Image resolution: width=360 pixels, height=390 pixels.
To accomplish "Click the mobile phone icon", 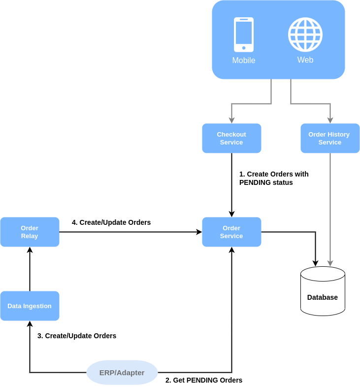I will (244, 35).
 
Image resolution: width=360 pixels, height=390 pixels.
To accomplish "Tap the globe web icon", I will (305, 35).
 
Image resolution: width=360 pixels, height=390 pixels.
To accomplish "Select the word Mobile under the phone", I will (244, 60).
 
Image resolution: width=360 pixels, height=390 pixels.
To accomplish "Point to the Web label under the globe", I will (305, 60).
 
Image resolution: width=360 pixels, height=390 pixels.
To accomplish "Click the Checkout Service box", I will (231, 138).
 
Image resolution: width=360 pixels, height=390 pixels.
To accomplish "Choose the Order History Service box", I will (330, 138).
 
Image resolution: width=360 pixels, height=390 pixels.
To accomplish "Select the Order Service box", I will (231, 232).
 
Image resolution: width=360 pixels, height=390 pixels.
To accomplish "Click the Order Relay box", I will (30, 232).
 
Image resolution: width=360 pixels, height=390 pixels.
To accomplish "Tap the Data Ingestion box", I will (30, 306).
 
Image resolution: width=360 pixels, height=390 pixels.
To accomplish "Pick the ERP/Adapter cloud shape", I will (122, 372).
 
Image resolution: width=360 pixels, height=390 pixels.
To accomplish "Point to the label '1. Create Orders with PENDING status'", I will (274, 178).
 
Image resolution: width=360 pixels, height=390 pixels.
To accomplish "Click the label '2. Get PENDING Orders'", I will (204, 380).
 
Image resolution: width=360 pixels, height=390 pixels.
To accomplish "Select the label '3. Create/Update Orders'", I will (77, 336).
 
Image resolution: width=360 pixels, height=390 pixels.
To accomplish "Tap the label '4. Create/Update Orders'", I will (111, 222).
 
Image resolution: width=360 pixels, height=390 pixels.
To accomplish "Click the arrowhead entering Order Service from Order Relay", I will (199, 232).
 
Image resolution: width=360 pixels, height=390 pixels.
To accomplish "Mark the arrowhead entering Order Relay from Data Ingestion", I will (30, 250).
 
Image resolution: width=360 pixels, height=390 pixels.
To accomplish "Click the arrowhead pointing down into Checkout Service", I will (231, 120).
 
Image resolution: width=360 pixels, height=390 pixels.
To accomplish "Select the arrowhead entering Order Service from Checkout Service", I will (231, 214).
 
